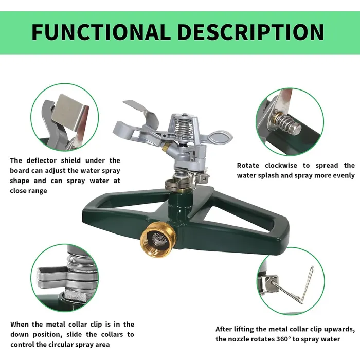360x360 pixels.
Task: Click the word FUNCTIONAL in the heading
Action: coord(100,32)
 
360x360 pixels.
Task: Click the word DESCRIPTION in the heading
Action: coord(250,32)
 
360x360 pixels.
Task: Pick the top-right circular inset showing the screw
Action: coord(290,121)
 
